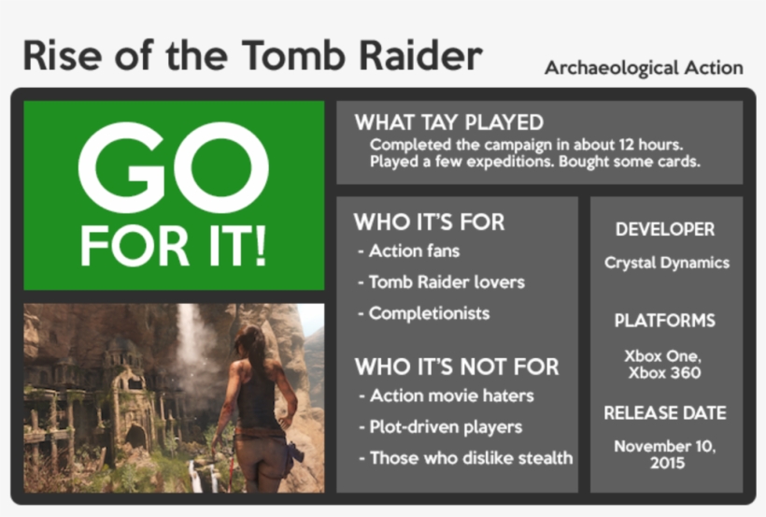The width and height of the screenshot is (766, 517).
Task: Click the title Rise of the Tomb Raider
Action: pos(252,56)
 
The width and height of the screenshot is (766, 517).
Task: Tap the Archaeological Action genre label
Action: pos(644,68)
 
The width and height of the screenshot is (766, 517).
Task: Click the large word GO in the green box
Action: pos(174,166)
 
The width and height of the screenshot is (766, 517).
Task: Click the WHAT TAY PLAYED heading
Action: pos(448,122)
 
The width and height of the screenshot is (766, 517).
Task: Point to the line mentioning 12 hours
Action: pos(527,145)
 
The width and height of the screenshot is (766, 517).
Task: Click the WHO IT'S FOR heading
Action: pos(429,223)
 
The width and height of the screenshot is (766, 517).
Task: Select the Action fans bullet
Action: pos(409,251)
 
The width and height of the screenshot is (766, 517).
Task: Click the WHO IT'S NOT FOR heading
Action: pos(456,366)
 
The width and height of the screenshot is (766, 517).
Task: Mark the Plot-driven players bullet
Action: pos(440,426)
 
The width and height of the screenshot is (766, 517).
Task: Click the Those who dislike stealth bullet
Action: pos(465,458)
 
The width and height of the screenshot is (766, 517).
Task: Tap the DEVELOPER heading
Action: pos(665,229)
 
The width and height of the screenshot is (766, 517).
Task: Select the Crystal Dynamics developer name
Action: pos(667,263)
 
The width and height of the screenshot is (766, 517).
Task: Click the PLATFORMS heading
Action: pos(665,321)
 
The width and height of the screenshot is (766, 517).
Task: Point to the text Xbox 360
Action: pos(664,373)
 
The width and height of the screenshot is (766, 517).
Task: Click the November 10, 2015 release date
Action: pos(665,454)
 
